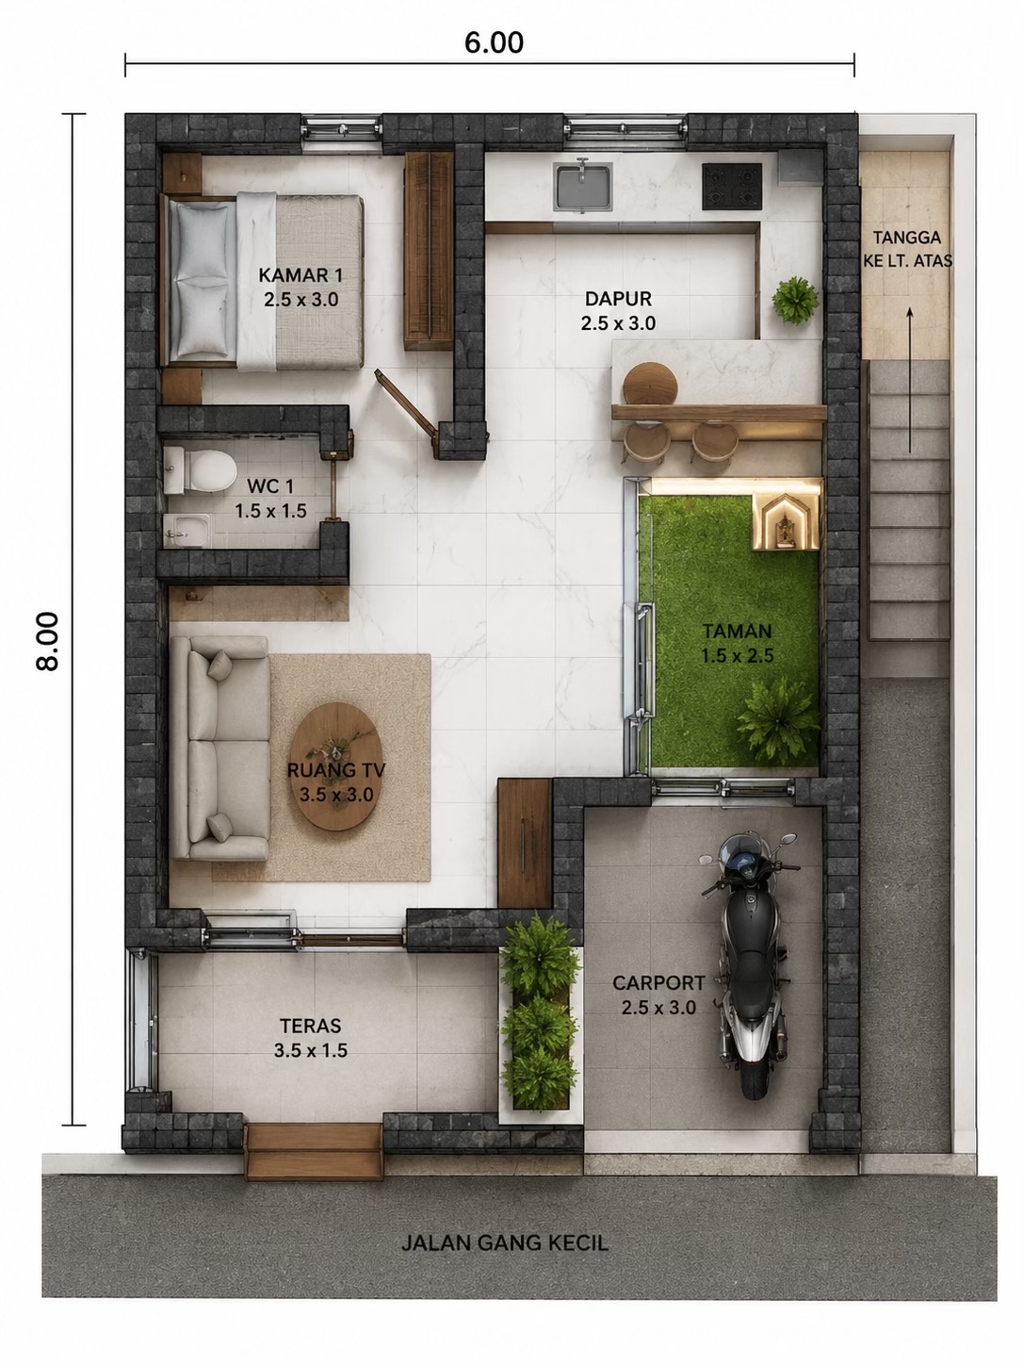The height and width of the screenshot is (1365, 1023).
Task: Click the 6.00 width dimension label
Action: pyautogui.click(x=494, y=42)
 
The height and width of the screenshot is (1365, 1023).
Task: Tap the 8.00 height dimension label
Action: pyautogui.click(x=48, y=641)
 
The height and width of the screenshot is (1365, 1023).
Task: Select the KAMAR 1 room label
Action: pyautogui.click(x=300, y=288)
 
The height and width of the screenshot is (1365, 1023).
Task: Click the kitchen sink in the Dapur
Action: pyautogui.click(x=583, y=186)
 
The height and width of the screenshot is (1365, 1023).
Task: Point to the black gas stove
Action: pyautogui.click(x=732, y=186)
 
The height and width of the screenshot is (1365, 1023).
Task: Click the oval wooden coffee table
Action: pyautogui.click(x=334, y=766)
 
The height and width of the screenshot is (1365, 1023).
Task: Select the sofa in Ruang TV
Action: pyautogui.click(x=219, y=748)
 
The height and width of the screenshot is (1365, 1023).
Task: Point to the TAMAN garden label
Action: pyautogui.click(x=738, y=644)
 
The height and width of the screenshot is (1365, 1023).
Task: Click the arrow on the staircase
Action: pyautogui.click(x=910, y=380)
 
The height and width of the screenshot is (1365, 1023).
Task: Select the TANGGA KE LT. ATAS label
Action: pyautogui.click(x=907, y=249)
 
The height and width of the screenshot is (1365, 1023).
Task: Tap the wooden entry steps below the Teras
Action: pyautogui.click(x=314, y=1151)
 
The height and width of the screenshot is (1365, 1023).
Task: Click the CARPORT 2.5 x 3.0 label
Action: pyautogui.click(x=658, y=995)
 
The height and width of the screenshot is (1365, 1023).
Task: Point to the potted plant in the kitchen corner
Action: pyautogui.click(x=795, y=301)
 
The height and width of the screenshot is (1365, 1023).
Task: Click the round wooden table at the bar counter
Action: pyautogui.click(x=650, y=384)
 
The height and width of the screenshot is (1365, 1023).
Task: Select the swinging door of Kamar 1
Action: pyautogui.click(x=405, y=403)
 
